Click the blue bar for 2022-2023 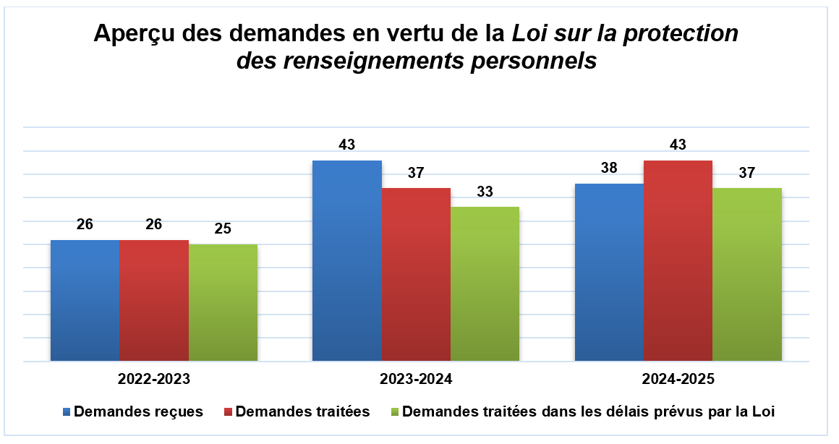click(85, 300)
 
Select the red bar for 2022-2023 click(154, 300)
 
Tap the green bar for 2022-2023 click(223, 302)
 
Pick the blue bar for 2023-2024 click(346, 260)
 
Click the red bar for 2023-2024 click(416, 274)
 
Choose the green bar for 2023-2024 click(485, 283)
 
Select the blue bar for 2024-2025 click(609, 272)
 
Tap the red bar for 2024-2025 click(678, 260)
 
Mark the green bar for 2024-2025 click(747, 274)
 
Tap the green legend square click(394, 411)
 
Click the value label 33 click(485, 192)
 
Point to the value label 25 click(223, 229)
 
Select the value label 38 click(609, 168)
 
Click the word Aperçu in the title click(135, 35)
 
